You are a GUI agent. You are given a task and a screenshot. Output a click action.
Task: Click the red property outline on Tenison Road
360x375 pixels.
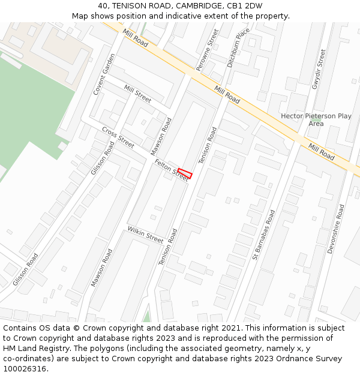185,174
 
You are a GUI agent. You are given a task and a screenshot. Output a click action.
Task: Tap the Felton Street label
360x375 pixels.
171,169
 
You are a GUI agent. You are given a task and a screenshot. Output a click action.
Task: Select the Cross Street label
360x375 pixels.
118,137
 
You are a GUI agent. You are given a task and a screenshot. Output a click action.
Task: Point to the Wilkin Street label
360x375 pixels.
145,235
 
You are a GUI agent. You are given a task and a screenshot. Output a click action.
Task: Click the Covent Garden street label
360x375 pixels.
103,74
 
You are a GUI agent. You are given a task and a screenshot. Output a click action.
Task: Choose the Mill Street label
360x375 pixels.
137,93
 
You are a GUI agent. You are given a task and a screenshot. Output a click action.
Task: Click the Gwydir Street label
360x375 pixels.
318,70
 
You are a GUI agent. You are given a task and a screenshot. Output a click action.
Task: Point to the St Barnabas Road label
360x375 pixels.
263,235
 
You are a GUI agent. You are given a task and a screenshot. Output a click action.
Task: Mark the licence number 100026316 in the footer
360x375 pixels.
25,368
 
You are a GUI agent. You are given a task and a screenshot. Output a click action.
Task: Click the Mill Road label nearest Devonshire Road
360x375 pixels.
322,151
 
